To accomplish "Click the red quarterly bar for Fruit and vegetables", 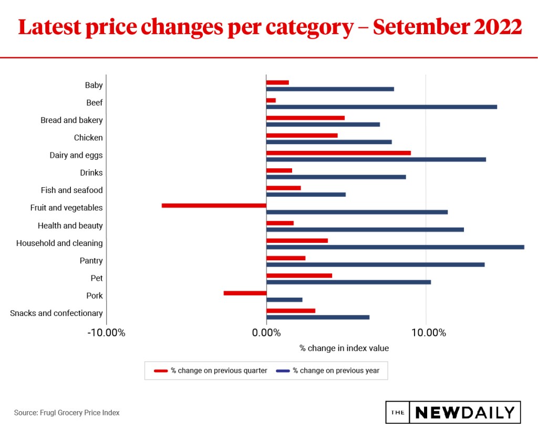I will (214, 206).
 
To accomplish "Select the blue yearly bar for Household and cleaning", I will (395, 247).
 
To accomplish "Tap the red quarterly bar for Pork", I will (245, 293).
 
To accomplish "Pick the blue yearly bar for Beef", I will (381, 107).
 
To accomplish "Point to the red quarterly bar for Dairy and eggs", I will (338, 153).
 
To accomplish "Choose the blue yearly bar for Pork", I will (284, 300).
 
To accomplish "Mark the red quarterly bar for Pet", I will (299, 275).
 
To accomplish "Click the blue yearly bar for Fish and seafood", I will (306, 195).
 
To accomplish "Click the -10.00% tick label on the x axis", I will (106, 333).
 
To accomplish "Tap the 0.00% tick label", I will (266, 333).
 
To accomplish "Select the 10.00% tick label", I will (426, 333).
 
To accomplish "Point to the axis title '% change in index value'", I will (344, 348).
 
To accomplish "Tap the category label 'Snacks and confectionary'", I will (56, 313).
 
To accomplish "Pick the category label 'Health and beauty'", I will (70, 226).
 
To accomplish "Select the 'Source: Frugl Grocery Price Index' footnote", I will (67, 413).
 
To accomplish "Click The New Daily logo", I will (453, 413).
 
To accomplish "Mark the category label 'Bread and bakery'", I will (71, 120).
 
